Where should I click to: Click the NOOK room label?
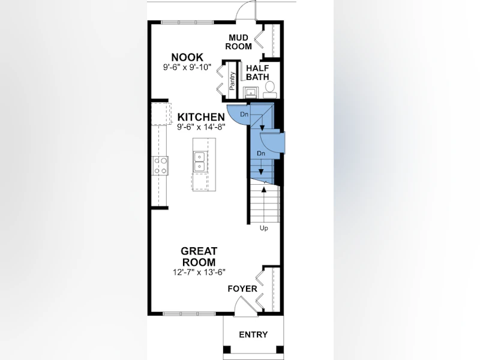187,57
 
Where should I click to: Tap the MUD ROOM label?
238,42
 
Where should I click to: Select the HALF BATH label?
257,73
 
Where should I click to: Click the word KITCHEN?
201,117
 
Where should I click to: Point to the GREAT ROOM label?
199,257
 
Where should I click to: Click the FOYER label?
242,289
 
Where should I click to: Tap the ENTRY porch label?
253,335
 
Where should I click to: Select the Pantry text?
232,81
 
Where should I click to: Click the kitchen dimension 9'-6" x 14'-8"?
201,127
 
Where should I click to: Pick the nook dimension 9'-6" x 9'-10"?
187,67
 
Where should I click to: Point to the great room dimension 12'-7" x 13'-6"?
199,272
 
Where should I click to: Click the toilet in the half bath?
269,89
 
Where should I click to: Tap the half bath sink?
251,92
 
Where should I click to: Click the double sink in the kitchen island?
200,161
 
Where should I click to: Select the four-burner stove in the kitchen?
160,166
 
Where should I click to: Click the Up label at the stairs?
263,228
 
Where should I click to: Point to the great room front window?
189,313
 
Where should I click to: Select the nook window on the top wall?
187,22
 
